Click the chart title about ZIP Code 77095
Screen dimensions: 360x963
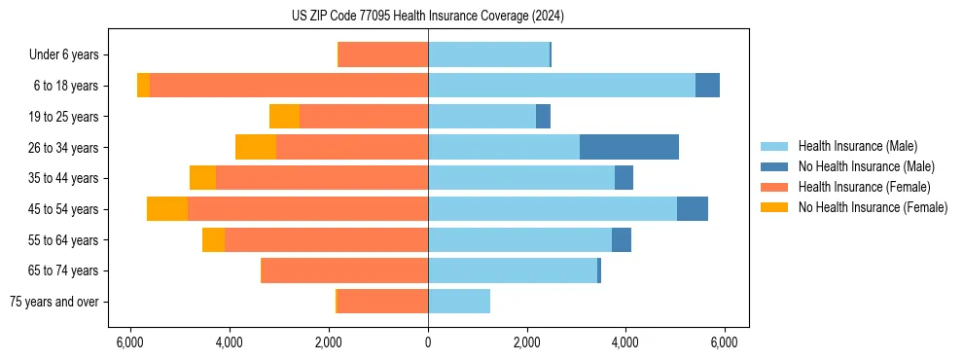[427, 17]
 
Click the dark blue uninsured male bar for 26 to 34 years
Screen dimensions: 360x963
[628, 148]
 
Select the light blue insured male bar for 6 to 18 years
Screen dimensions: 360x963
[561, 86]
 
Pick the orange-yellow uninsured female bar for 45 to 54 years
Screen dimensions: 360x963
[167, 209]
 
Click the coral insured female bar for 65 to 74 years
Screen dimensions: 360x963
[345, 270]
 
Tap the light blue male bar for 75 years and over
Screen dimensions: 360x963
[459, 302]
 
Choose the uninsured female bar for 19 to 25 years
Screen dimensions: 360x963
[284, 117]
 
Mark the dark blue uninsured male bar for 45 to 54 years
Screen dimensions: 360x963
[692, 209]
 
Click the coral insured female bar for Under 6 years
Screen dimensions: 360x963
[383, 55]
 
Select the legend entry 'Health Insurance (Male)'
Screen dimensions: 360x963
[857, 146]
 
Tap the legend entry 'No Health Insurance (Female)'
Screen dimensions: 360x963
[872, 207]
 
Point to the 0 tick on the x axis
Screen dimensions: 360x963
[428, 342]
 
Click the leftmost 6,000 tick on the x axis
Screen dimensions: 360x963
[130, 342]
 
